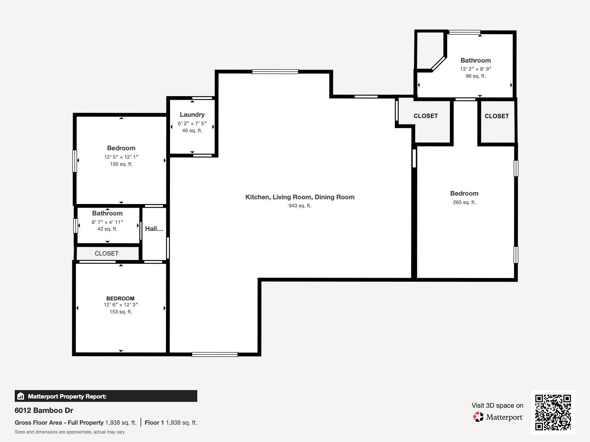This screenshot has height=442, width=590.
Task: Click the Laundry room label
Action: point(192,115)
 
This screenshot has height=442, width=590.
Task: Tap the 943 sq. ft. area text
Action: point(300,206)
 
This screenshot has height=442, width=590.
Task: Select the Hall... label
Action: point(154,229)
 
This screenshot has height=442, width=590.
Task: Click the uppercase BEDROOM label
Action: point(120,298)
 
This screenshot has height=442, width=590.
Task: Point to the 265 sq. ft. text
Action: point(464,202)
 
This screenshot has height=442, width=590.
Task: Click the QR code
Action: point(553,412)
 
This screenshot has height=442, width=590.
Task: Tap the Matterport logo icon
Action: point(478,417)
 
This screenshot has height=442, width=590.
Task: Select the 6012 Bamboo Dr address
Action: point(44,410)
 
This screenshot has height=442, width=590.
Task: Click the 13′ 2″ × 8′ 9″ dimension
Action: point(475,69)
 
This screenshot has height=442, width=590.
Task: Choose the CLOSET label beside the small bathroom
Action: point(106,253)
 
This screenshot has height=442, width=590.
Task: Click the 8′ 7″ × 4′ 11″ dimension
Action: point(107,222)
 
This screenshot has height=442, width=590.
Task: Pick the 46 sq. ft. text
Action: point(192,130)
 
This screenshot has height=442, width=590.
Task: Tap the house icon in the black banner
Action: point(21,396)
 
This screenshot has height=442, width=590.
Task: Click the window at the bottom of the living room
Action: point(215,354)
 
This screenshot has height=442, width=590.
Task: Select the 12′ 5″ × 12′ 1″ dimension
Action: point(121,157)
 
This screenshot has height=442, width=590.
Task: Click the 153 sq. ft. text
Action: point(120,312)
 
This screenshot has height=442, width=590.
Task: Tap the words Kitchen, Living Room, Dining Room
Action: point(300,197)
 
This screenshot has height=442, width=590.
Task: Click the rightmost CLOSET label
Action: point(496,116)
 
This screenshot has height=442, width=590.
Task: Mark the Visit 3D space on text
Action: point(497,406)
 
